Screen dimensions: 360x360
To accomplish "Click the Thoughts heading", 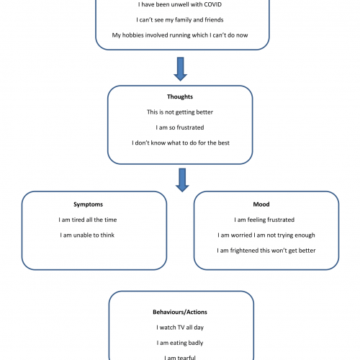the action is pyautogui.click(x=180, y=96).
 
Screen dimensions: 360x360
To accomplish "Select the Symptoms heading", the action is pyautogui.click(x=88, y=204).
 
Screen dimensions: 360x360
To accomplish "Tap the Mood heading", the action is pyautogui.click(x=261, y=204).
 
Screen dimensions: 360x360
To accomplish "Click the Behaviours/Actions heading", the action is pyautogui.click(x=180, y=312).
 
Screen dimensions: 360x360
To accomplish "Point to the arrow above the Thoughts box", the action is pyautogui.click(x=181, y=69).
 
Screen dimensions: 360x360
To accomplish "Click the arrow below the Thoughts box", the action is pyautogui.click(x=182, y=180).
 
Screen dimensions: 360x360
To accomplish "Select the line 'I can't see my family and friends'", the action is pyautogui.click(x=180, y=20).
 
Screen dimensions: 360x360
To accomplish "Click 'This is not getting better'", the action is pyautogui.click(x=180, y=112).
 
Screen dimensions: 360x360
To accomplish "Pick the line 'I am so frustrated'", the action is pyautogui.click(x=180, y=127).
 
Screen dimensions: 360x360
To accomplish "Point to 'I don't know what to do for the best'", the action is pyautogui.click(x=181, y=143).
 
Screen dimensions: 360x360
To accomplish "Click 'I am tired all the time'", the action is pyautogui.click(x=88, y=220).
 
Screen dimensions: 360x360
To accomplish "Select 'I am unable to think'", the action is pyautogui.click(x=87, y=235).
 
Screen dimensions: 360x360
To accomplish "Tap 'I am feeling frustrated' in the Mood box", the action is pyautogui.click(x=264, y=220).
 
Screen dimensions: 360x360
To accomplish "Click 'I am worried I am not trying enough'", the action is pyautogui.click(x=266, y=235).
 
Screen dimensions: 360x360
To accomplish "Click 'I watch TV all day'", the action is pyautogui.click(x=180, y=328).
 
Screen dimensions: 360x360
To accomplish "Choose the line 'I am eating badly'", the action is pyautogui.click(x=180, y=343).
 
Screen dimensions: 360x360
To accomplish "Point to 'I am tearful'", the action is pyautogui.click(x=180, y=358).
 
